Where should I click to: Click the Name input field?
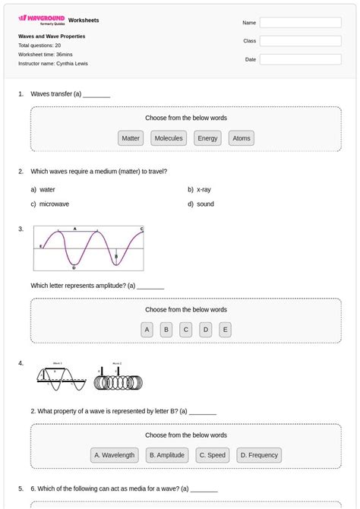[300, 23]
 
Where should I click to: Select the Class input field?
[300, 41]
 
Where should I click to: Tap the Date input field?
[300, 59]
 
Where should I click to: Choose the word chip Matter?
[131, 138]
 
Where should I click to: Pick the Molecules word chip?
[169, 138]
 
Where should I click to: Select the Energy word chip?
[207, 138]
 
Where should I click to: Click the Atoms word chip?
[242, 138]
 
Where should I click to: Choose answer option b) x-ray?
[203, 189]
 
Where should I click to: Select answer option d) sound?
[204, 204]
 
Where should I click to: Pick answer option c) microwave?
[53, 204]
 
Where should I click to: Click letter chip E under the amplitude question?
[225, 330]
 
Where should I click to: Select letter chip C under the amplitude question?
[185, 330]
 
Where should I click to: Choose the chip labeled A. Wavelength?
[114, 455]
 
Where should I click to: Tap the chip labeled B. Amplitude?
[167, 455]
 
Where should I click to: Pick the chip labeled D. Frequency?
[259, 455]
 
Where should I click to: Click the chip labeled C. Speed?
[212, 455]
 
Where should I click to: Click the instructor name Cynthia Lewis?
[72, 64]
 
